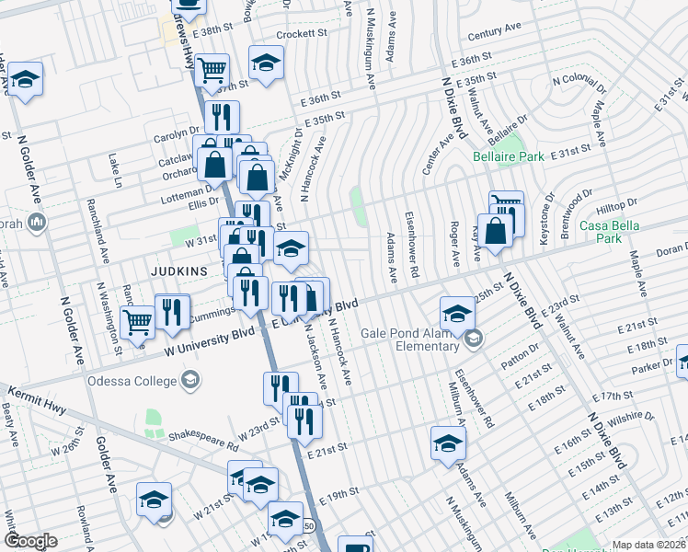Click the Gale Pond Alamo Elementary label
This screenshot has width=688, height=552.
(x=410, y=339)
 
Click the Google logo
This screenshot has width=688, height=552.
(x=30, y=541)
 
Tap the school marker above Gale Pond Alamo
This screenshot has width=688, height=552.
(x=457, y=313)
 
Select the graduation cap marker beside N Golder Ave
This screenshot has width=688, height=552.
(x=26, y=79)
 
